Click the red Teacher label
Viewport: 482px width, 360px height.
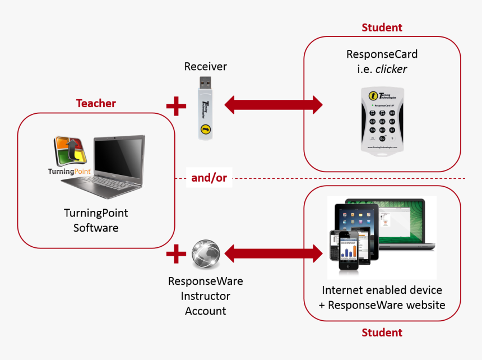pyautogui.click(x=96, y=103)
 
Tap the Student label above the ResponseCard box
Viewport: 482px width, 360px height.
pyautogui.click(x=382, y=27)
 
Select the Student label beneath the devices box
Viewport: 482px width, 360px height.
pyautogui.click(x=382, y=333)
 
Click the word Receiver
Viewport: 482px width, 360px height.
pyautogui.click(x=206, y=67)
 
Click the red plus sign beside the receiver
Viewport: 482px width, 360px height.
pyautogui.click(x=176, y=105)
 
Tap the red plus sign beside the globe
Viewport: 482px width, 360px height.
pyautogui.click(x=176, y=255)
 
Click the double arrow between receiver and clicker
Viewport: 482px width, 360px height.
pyautogui.click(x=274, y=105)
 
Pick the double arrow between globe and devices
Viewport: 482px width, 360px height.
pyautogui.click(x=274, y=254)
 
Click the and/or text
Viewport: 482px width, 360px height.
pyautogui.click(x=209, y=178)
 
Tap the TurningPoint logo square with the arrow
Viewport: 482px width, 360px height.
pyautogui.click(x=69, y=151)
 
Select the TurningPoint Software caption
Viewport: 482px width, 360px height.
pyautogui.click(x=96, y=220)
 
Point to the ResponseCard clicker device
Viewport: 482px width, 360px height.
pyautogui.click(x=382, y=121)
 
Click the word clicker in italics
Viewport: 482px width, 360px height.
pyautogui.click(x=391, y=70)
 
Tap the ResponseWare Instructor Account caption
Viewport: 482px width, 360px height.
pyautogui.click(x=206, y=296)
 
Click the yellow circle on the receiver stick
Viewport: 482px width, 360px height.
pyautogui.click(x=205, y=130)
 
